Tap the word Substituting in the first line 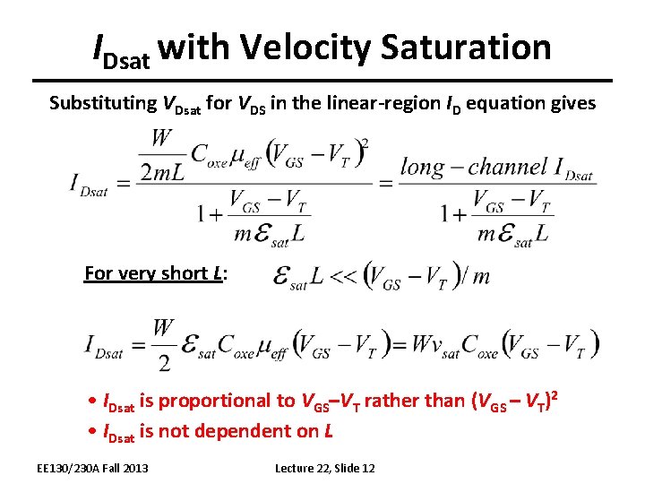click(102, 102)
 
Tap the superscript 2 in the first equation click(364, 143)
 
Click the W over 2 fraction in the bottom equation click(163, 344)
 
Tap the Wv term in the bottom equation click(428, 344)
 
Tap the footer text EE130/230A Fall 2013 click(92, 468)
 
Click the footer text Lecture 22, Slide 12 click(324, 468)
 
